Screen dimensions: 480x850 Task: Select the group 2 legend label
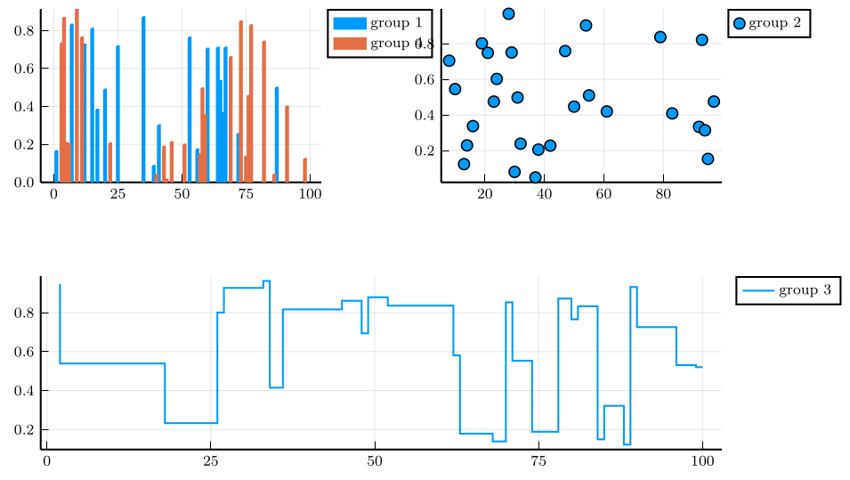click(780, 23)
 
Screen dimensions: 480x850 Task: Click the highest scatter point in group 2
click(508, 13)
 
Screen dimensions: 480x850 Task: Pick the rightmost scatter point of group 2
click(714, 102)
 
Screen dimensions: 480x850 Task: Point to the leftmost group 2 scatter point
click(449, 61)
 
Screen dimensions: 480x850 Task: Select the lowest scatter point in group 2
click(535, 177)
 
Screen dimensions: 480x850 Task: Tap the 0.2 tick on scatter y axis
click(427, 151)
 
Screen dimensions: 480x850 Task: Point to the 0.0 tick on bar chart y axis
click(24, 182)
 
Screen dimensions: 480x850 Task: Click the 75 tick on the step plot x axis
click(538, 460)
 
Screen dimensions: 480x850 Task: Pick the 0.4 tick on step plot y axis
click(24, 391)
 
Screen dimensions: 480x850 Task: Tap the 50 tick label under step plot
click(374, 460)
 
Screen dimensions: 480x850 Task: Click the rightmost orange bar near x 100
click(305, 170)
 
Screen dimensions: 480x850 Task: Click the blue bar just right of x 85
click(277, 134)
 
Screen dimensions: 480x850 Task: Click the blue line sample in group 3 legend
click(757, 290)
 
